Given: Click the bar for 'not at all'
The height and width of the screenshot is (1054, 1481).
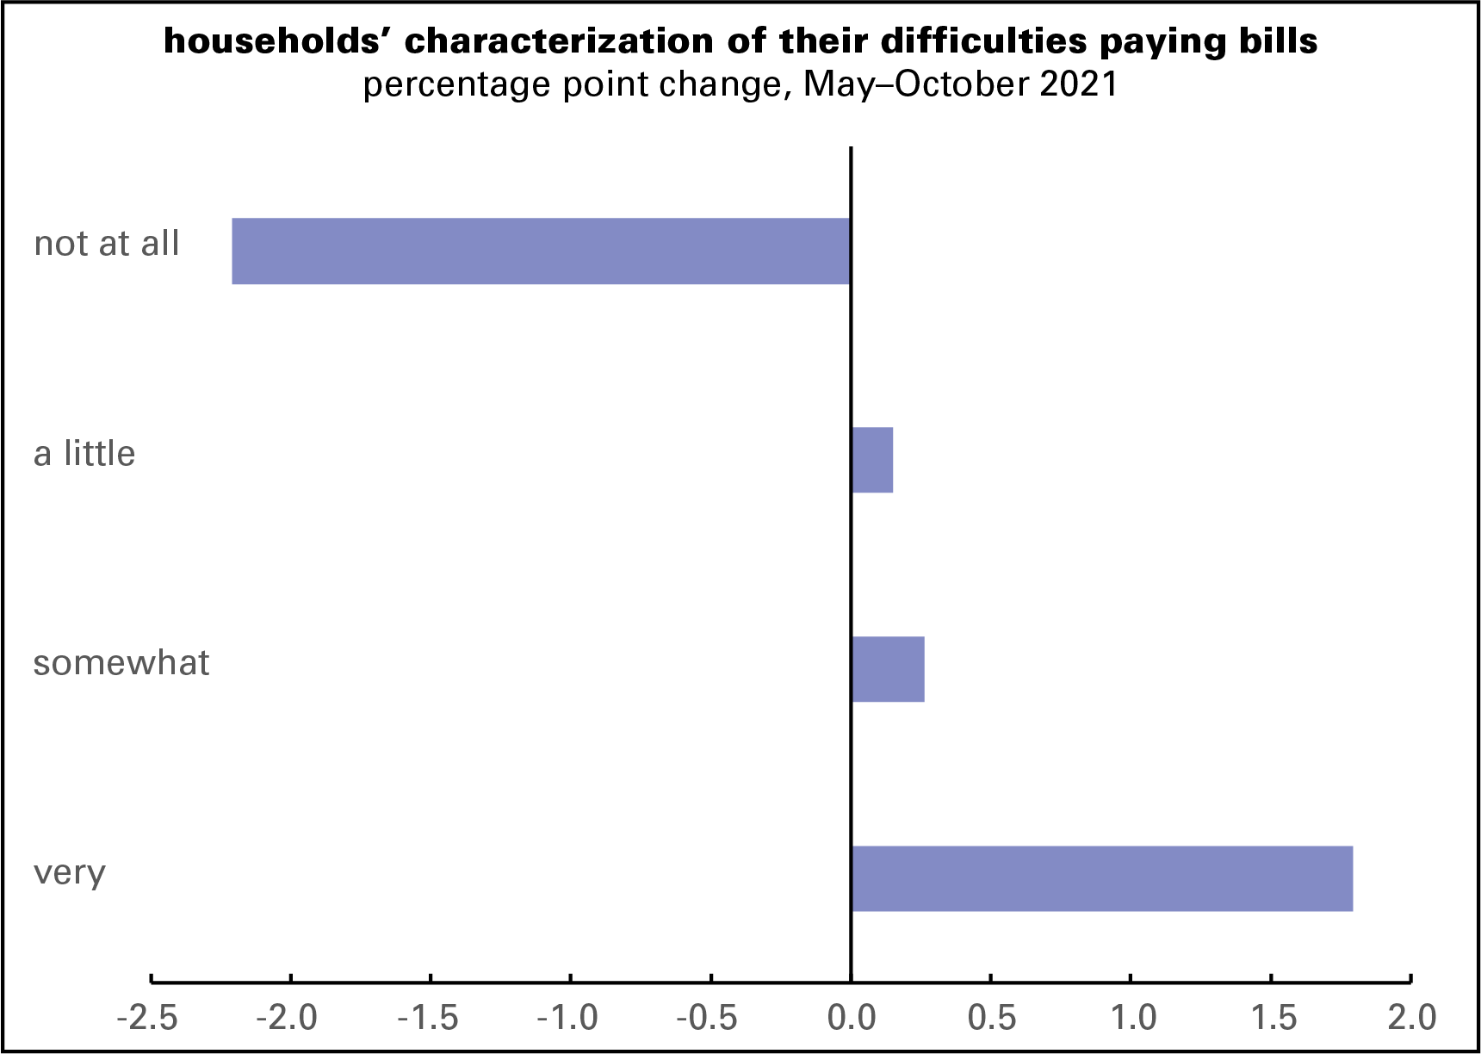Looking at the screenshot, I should [x=541, y=251].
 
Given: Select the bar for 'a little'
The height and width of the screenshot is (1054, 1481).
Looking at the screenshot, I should [x=872, y=460].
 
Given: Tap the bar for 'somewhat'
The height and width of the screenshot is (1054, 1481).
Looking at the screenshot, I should [x=888, y=669].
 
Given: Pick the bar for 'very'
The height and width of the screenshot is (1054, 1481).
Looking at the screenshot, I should [x=1101, y=878].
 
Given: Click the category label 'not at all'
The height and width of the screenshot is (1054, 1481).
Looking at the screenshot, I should [x=107, y=244].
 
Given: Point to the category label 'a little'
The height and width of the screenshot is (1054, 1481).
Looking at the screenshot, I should [x=84, y=454].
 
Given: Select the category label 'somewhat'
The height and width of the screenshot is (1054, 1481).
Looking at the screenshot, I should [x=121, y=663].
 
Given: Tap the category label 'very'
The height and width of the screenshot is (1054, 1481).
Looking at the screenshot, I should [x=70, y=873].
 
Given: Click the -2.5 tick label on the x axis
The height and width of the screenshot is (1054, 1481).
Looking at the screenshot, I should [x=147, y=1018].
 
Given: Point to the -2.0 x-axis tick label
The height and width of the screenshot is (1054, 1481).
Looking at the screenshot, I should [x=288, y=1018].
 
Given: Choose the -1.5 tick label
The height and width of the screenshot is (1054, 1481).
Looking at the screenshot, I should [x=428, y=1018].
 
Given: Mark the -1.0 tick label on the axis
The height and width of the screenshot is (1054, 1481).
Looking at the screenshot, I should [x=567, y=1018].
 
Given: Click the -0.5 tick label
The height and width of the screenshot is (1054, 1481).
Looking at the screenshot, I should [x=708, y=1018].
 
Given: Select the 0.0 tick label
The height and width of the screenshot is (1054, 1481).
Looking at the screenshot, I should [x=852, y=1018].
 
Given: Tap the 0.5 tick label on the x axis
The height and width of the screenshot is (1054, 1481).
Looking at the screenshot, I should [x=992, y=1018].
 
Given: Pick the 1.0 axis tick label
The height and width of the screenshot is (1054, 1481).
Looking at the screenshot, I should [x=1132, y=1018].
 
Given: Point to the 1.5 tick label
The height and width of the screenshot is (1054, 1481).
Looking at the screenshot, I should [x=1273, y=1018].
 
